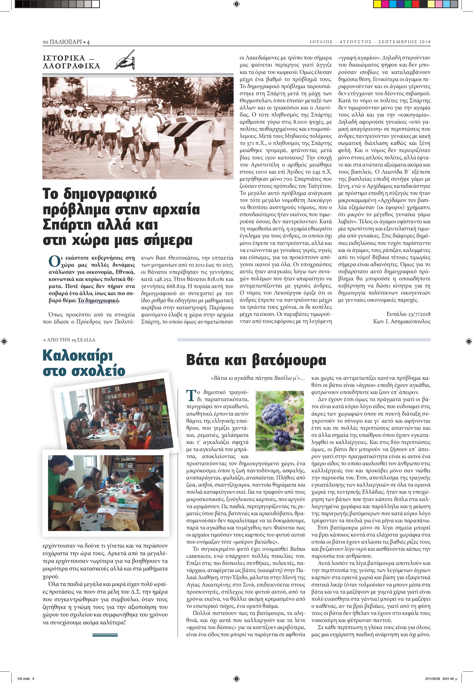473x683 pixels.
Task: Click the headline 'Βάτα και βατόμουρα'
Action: [256, 360]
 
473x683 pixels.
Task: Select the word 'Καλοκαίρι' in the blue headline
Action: [77, 355]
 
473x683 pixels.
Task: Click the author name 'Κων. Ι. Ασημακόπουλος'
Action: [402, 321]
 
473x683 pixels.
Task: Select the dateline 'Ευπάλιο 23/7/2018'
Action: [408, 314]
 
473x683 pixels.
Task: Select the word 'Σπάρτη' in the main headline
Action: [68, 225]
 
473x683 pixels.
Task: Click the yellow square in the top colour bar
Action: [377, 4]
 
